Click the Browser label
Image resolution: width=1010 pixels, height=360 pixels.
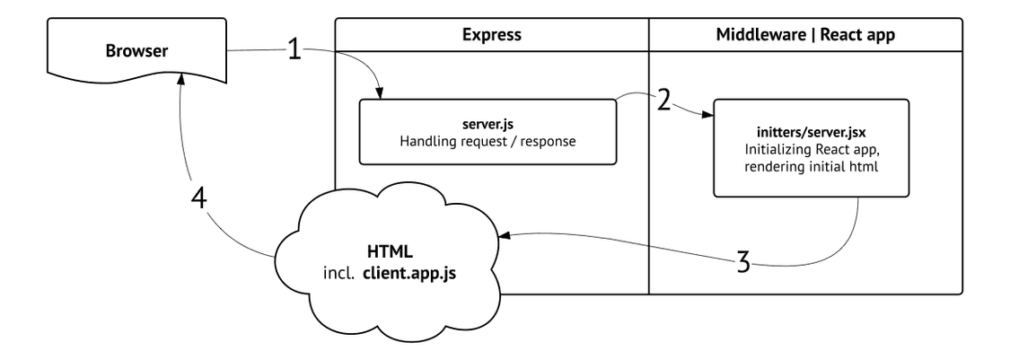[136, 51]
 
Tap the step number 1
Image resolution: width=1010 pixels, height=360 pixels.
[294, 49]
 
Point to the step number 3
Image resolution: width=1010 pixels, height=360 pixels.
[743, 263]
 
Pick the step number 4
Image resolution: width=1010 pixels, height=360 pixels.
[199, 198]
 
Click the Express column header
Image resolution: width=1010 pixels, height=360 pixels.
[491, 35]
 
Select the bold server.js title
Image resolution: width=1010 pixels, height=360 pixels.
[487, 127]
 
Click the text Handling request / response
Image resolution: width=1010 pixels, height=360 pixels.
[487, 142]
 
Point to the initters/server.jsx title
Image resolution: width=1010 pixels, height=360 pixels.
[811, 134]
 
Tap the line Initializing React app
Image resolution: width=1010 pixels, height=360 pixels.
[811, 149]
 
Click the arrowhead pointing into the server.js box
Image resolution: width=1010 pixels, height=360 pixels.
[380, 94]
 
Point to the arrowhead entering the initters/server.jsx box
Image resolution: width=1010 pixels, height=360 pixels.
[708, 115]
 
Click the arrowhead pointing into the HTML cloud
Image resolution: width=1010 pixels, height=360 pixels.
[505, 236]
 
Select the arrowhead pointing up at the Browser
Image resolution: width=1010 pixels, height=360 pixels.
[182, 77]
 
